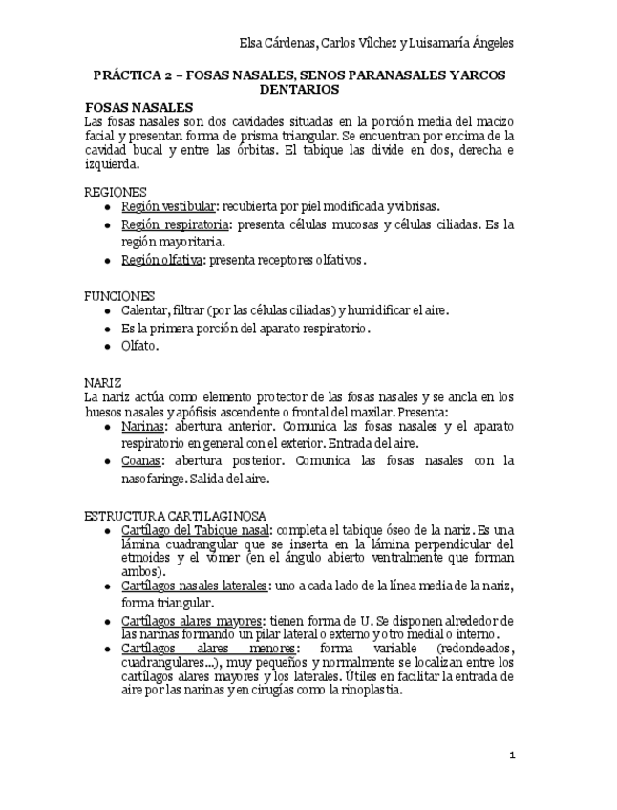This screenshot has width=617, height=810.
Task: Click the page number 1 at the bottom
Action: coord(512,755)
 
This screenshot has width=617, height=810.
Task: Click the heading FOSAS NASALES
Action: coord(139,107)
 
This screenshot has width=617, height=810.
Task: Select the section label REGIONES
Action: coord(116,192)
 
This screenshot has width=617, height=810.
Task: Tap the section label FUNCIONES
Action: coord(119,296)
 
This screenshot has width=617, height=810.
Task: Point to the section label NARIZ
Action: coord(103,381)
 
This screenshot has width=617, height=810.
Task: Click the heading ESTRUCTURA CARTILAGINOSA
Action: coord(175,515)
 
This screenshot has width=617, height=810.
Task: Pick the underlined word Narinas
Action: coord(144,426)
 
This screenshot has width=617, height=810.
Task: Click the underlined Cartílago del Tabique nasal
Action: coord(195,529)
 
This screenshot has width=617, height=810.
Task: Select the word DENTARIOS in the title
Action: coord(299,89)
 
